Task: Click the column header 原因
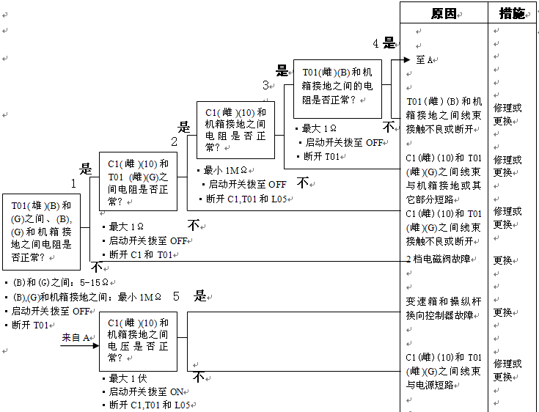[x=444, y=13]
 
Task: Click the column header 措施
[x=512, y=13]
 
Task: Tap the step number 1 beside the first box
[x=74, y=182]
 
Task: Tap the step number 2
[x=175, y=141]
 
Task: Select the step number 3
[x=266, y=85]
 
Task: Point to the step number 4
[x=375, y=43]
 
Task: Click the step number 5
[x=176, y=296]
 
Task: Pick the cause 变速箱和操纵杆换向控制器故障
[x=444, y=308]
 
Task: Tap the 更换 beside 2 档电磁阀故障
[x=503, y=260]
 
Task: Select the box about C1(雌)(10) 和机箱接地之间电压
[x=138, y=340]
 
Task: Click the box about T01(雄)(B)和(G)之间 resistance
[x=41, y=231]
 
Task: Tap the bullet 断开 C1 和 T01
[x=141, y=254]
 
